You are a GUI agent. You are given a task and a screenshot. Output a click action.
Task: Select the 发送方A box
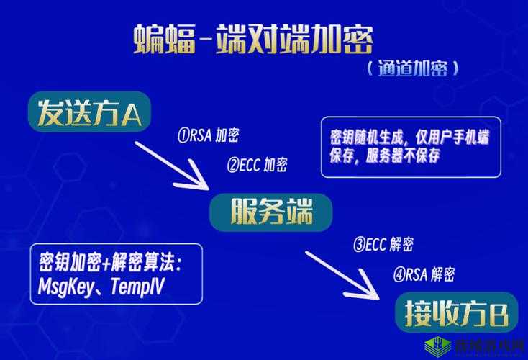(90, 112)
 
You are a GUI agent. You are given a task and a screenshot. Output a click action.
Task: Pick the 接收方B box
(456, 313)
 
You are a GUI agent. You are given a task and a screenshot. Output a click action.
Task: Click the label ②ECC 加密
(257, 165)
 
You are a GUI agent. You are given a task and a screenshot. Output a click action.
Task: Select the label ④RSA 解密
(424, 274)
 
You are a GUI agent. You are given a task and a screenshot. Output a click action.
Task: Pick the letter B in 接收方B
(498, 315)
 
